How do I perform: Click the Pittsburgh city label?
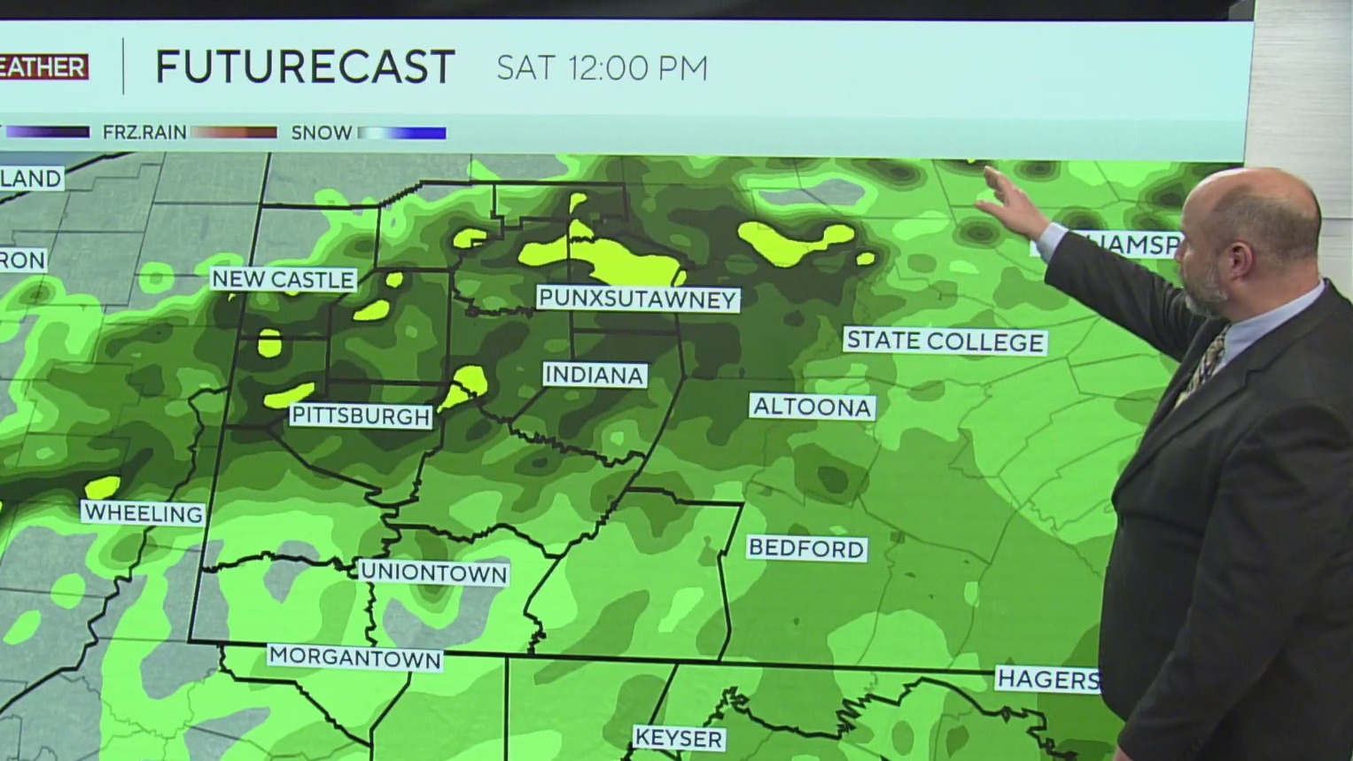pyautogui.click(x=361, y=415)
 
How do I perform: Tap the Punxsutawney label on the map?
pyautogui.click(x=637, y=299)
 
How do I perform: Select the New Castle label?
pyautogui.click(x=283, y=280)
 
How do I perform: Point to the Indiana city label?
pyautogui.click(x=594, y=375)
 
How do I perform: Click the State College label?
pyautogui.click(x=945, y=341)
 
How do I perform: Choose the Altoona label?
pyautogui.click(x=812, y=407)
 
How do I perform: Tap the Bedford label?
pyautogui.click(x=805, y=548)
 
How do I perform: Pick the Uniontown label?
pyautogui.click(x=434, y=573)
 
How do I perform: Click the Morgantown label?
pyautogui.click(x=354, y=658)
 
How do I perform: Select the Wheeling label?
pyautogui.click(x=143, y=513)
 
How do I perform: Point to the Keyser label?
pyautogui.click(x=679, y=738)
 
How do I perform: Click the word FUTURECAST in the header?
pyautogui.click(x=305, y=67)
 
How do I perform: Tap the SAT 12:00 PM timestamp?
pyautogui.click(x=602, y=68)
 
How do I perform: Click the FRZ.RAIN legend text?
pyautogui.click(x=144, y=133)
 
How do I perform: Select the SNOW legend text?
pyautogui.click(x=321, y=133)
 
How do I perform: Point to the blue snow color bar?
pyautogui.click(x=403, y=133)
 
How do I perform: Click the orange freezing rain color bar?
pyautogui.click(x=234, y=133)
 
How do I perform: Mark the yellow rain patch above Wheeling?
pyautogui.click(x=103, y=486)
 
